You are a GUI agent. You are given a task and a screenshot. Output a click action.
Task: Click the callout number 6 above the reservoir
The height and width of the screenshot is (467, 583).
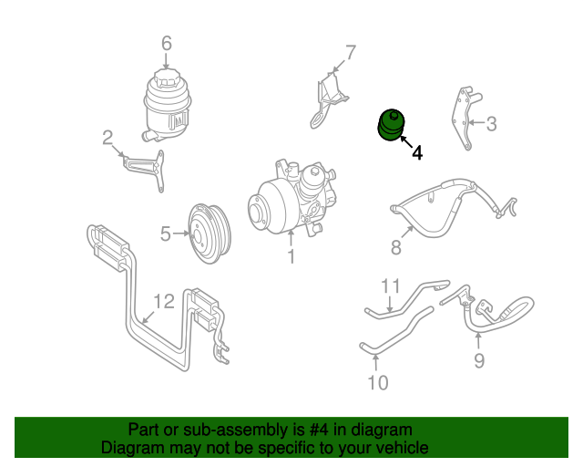point(166,43)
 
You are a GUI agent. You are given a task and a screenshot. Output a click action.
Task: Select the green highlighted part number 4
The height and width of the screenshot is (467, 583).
point(393,125)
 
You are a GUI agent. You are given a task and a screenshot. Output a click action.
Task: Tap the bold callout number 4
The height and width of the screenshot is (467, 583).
point(417,153)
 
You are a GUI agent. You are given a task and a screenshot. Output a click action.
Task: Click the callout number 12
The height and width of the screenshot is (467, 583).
point(162,300)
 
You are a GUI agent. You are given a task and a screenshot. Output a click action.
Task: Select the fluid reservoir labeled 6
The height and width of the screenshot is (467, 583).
point(167,103)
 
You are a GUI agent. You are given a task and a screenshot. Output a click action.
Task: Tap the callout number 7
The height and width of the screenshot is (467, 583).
point(350,52)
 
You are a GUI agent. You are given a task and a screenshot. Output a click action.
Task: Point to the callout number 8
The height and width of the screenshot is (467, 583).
point(396,247)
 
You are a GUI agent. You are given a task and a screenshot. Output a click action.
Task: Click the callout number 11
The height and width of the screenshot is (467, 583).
point(390,286)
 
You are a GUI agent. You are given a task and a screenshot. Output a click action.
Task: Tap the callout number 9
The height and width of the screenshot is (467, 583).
point(478,361)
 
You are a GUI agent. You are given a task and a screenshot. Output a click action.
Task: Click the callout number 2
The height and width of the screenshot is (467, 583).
point(107,139)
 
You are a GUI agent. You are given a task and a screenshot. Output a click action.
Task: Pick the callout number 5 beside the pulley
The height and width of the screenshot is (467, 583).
point(165,233)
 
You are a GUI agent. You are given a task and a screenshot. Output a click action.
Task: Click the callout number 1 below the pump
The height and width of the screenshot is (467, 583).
point(291,257)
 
